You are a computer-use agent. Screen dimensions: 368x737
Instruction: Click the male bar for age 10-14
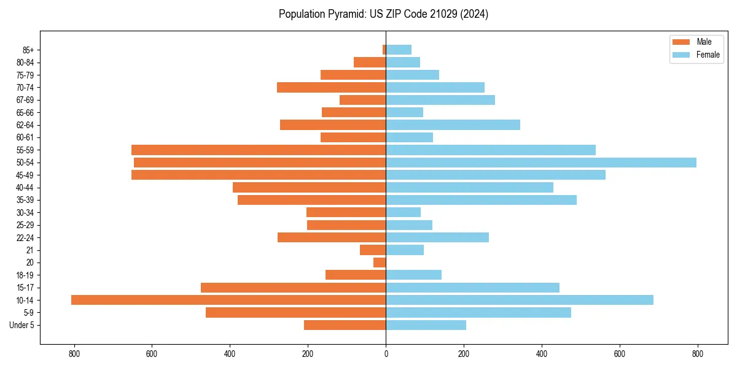tap(228, 300)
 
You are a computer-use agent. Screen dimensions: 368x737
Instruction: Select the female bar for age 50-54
tap(541, 163)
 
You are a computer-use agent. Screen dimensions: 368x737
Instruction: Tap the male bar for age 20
tap(380, 263)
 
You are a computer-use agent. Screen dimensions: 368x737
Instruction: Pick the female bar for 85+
tap(399, 50)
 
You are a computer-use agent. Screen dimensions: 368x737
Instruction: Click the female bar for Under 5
tap(426, 325)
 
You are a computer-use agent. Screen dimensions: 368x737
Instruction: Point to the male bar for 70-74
tap(331, 87)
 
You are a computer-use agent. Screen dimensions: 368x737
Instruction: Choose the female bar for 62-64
tap(453, 125)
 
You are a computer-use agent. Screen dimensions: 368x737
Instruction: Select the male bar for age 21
tap(373, 250)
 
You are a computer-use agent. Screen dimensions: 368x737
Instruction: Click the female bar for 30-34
tap(403, 212)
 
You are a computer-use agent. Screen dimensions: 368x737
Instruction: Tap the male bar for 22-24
tap(332, 237)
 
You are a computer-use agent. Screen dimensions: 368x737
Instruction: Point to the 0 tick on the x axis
tap(386, 353)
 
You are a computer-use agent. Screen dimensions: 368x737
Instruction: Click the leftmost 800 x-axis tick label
tap(74, 353)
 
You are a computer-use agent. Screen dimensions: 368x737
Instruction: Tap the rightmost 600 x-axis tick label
tap(619, 353)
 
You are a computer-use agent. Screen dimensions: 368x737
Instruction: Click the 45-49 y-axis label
tap(25, 175)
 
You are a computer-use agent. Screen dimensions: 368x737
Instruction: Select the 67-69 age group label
tap(25, 100)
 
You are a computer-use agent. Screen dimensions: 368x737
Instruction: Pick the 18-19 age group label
tap(25, 275)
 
